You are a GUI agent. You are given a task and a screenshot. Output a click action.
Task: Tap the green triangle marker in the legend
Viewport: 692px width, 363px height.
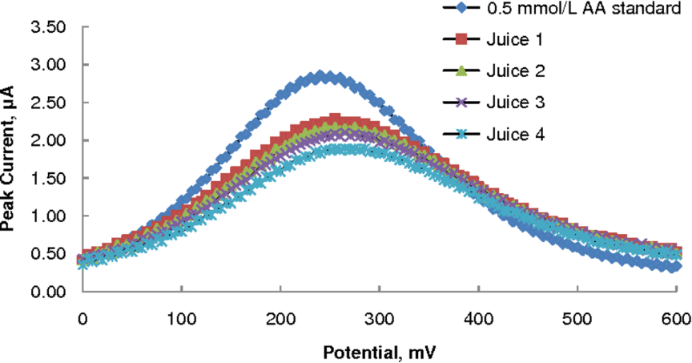click(x=461, y=71)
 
